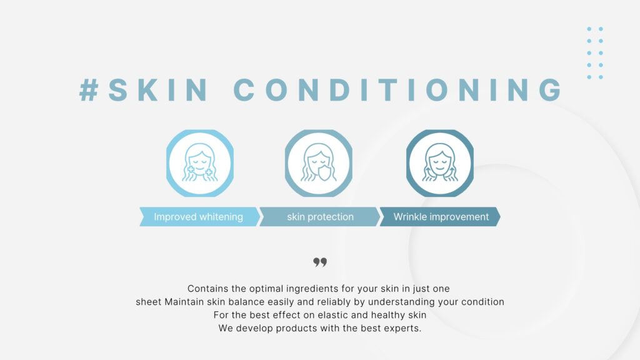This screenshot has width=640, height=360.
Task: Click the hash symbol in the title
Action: (89, 90)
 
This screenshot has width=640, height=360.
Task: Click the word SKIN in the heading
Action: (158, 90)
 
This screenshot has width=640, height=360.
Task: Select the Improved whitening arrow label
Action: (199, 217)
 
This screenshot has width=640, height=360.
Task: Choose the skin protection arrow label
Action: (319, 217)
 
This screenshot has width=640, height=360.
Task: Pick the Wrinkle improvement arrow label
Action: (440, 217)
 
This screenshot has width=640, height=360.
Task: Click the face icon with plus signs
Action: (199, 163)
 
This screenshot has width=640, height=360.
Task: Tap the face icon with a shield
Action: (318, 163)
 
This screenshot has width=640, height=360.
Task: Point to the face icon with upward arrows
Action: (440, 163)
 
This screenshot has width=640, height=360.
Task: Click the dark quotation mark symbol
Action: (320, 262)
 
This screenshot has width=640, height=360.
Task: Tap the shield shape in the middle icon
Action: (324, 172)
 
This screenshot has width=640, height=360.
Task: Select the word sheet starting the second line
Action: (149, 302)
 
